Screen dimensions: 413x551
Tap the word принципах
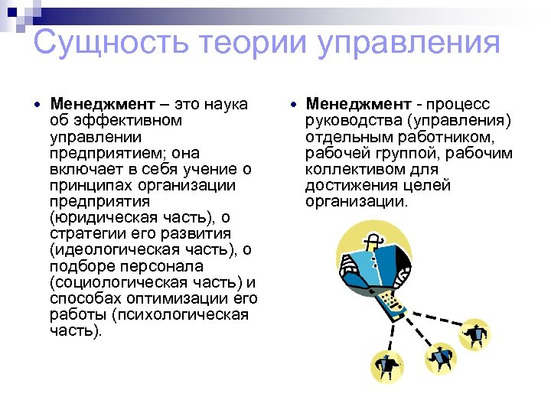[83, 185]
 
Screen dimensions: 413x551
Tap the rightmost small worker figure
[475, 334]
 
